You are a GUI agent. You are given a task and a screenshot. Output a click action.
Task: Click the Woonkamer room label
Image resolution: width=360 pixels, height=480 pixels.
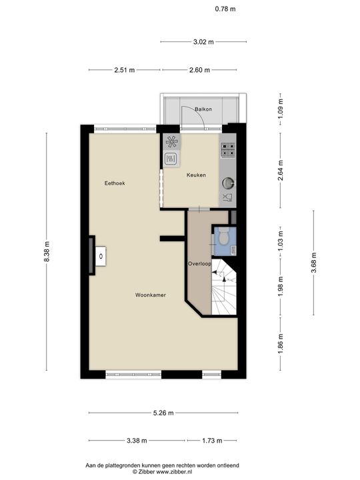[150, 295]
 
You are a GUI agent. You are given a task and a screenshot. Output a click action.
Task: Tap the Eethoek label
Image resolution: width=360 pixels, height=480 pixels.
[115, 183]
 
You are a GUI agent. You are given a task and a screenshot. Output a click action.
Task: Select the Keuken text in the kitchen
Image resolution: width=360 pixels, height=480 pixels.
[195, 175]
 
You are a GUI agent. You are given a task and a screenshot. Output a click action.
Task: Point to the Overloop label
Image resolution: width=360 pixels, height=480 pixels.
[199, 264]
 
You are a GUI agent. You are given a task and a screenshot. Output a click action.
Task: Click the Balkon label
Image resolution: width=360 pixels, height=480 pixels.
[203, 109]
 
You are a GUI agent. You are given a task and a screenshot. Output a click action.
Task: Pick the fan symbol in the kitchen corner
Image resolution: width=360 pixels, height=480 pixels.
[171, 141]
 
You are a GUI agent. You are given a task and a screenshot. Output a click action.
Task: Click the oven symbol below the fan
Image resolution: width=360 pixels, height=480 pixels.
[171, 159]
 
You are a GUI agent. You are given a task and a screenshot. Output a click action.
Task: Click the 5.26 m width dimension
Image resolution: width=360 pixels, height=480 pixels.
[162, 413]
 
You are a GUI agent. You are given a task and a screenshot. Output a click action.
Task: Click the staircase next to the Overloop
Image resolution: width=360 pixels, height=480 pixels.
[225, 290]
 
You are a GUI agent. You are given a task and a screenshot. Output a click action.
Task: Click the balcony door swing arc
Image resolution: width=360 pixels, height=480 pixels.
[196, 119]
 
